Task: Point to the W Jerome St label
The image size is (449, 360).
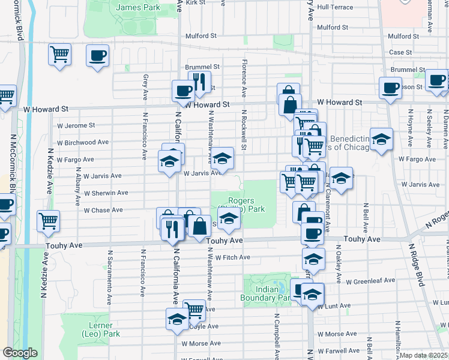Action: pos(76,125)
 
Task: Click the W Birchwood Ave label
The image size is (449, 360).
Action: pos(82,143)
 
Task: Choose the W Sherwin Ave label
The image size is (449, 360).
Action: pos(106,193)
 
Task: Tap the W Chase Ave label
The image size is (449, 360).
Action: pos(103,211)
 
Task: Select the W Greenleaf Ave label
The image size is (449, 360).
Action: pos(370,280)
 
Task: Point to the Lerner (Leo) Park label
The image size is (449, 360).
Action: pos(100,330)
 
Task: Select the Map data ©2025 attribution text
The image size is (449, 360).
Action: pos(423,355)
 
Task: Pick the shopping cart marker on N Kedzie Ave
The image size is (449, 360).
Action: pos(48,220)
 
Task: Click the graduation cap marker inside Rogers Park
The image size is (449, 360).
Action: pos(229,220)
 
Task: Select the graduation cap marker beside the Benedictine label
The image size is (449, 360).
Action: pos(381,140)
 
